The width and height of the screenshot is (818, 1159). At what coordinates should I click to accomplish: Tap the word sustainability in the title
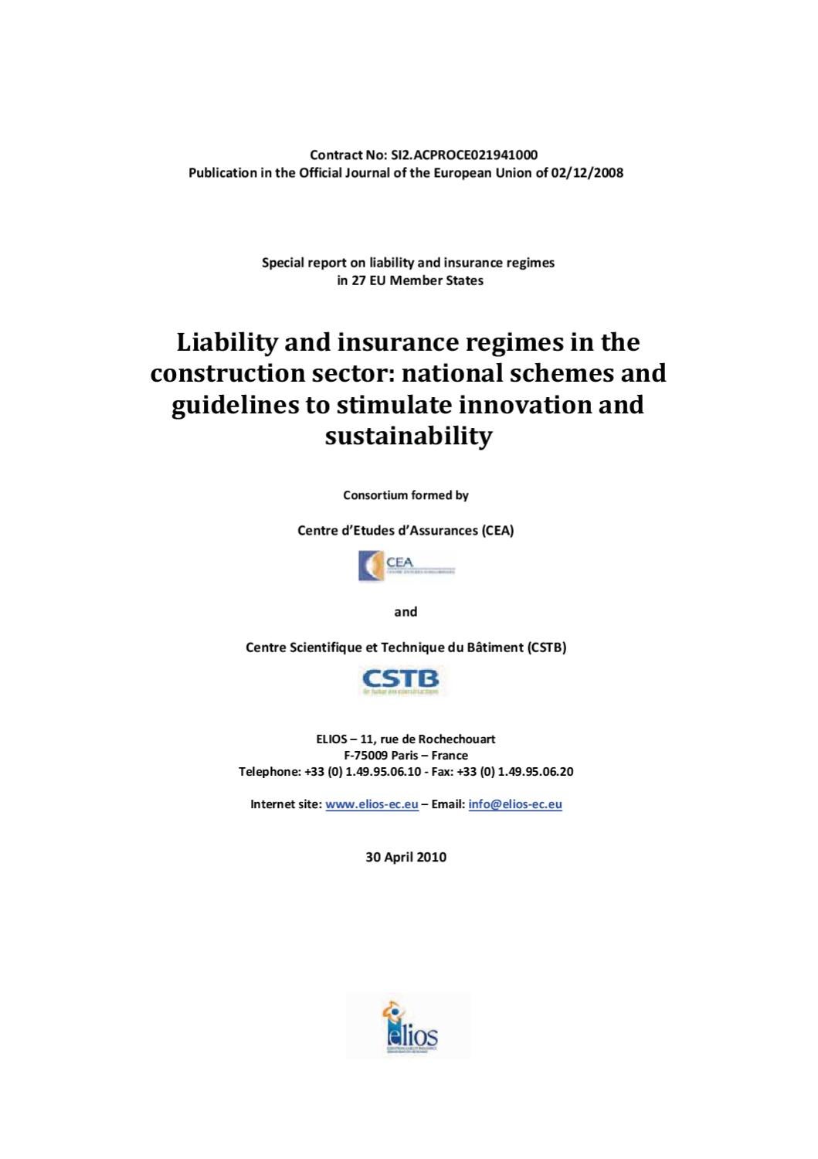(x=408, y=437)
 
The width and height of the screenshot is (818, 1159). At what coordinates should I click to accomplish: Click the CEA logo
(x=406, y=566)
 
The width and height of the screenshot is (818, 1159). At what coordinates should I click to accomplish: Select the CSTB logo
(x=401, y=681)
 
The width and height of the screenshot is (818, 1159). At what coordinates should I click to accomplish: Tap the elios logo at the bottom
(x=409, y=1027)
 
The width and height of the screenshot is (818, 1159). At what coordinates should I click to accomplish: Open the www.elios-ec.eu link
(x=372, y=804)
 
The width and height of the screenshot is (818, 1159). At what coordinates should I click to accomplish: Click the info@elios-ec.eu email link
(x=515, y=804)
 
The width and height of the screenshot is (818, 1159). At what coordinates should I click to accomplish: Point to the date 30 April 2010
(x=406, y=857)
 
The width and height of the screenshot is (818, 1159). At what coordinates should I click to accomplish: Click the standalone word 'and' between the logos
(x=406, y=612)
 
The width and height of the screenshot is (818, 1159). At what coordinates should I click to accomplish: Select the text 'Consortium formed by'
(x=406, y=495)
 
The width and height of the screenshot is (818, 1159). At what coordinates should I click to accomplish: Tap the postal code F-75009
(x=366, y=755)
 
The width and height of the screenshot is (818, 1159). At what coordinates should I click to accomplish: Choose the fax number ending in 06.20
(x=514, y=771)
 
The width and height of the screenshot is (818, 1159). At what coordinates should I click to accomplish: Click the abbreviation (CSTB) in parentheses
(x=547, y=647)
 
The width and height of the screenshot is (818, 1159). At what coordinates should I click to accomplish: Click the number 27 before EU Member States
(x=359, y=280)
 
